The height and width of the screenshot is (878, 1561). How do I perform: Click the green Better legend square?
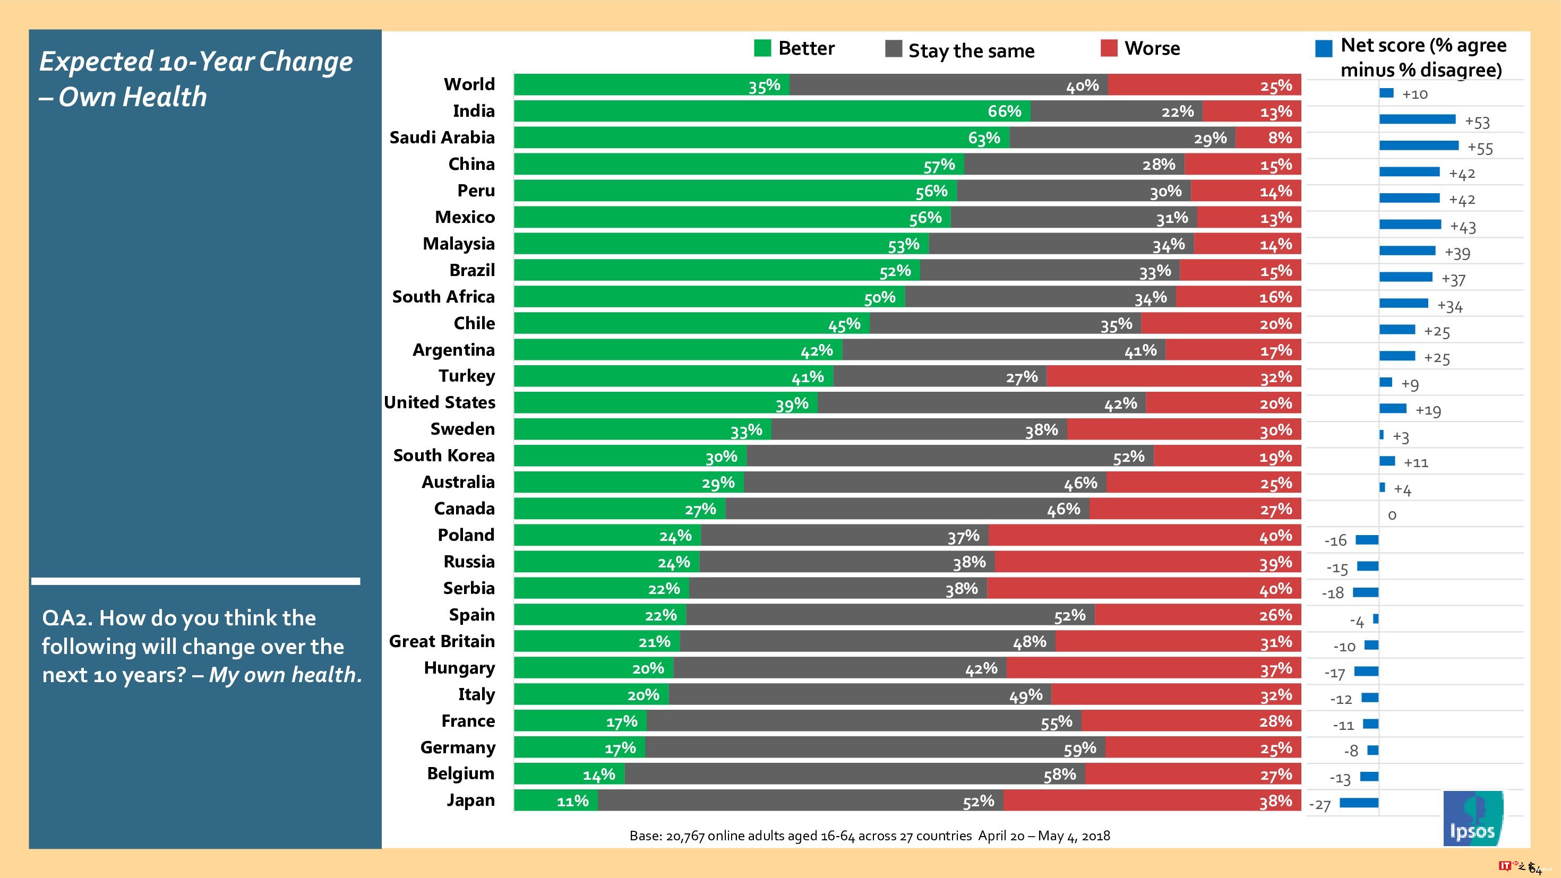762,48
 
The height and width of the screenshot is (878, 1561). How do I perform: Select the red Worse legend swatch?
1108,48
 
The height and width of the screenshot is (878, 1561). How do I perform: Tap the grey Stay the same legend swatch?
893,48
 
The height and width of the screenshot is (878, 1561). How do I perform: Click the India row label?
473,111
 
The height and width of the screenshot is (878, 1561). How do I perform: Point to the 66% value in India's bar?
1004,111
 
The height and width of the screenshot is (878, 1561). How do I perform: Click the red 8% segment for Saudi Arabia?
1268,137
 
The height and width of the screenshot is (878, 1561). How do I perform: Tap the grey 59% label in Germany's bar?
1079,749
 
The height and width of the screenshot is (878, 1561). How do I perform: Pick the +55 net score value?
1480,149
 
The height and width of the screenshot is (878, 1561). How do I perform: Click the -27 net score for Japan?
1320,805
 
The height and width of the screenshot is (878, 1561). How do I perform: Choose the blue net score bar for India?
1417,119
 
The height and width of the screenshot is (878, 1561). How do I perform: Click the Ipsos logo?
1472,818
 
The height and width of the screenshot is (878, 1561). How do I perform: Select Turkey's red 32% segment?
1173,377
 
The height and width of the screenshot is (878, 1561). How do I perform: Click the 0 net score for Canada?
1392,515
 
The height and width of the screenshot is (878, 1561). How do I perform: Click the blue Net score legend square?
1324,48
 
